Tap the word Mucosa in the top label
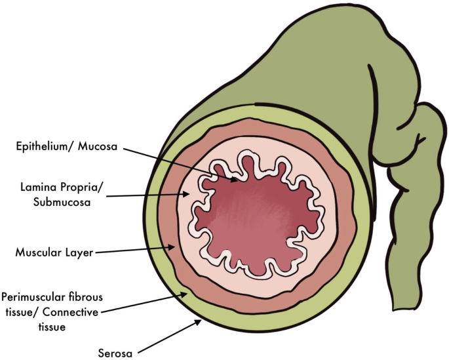[x=98, y=146]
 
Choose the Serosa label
[x=117, y=354]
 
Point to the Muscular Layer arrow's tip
[x=174, y=248]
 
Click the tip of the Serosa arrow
[x=201, y=321]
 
